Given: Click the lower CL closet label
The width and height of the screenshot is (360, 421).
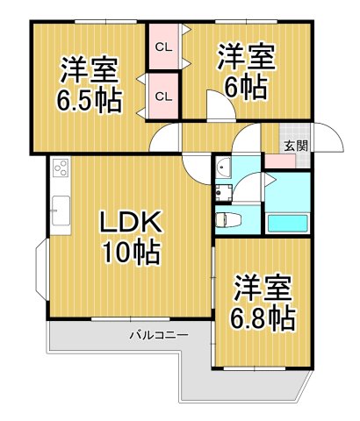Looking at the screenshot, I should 164,89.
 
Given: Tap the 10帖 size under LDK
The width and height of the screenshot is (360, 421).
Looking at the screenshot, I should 129,253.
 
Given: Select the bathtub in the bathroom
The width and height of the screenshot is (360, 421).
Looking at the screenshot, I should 289,222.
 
